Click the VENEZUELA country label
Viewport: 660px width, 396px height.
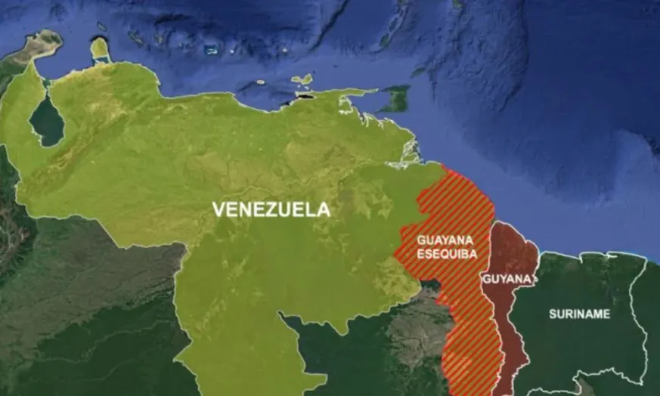pyautogui.click(x=271, y=210)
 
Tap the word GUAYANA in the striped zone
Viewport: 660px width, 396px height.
pyautogui.click(x=446, y=240)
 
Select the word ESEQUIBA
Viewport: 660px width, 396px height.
pyautogui.click(x=447, y=255)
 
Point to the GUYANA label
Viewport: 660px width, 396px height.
pyautogui.click(x=507, y=279)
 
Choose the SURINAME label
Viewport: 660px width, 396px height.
pyautogui.click(x=579, y=314)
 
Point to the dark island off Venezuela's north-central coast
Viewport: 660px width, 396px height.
pyautogui.click(x=305, y=96)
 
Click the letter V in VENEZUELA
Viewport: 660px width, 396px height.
pyautogui.click(x=218, y=210)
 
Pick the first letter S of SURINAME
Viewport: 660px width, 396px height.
pyautogui.click(x=553, y=314)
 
